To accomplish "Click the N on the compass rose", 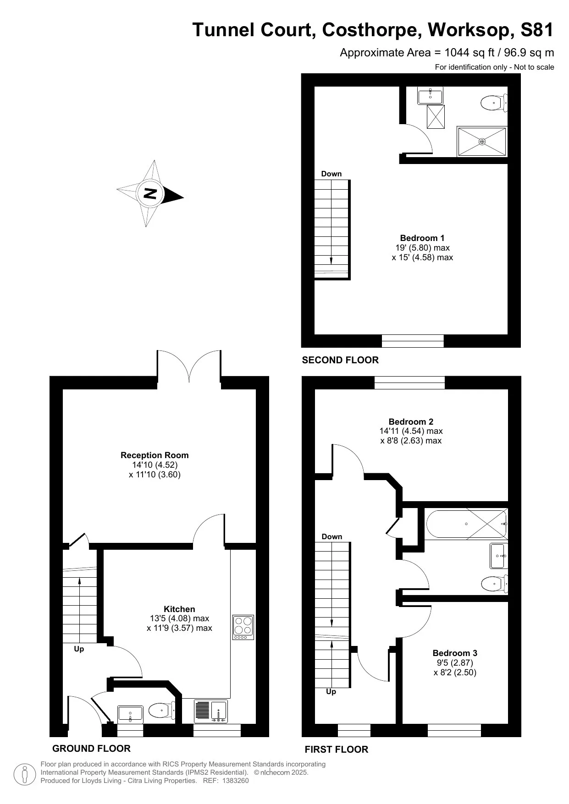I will [x=150, y=193].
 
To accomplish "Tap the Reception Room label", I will [x=155, y=455].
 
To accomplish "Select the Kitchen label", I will [x=179, y=609].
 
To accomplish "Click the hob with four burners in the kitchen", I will [x=243, y=627].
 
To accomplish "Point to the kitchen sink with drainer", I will [x=210, y=711].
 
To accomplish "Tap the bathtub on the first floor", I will [x=466, y=524].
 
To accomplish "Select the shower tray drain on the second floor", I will [x=482, y=142].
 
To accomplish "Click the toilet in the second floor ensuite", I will [x=493, y=103].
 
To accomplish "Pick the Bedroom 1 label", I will [x=422, y=238].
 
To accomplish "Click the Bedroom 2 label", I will [x=411, y=421].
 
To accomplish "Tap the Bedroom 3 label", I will [x=455, y=653].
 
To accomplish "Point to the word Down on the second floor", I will [x=331, y=174].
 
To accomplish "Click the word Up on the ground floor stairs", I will [x=79, y=649].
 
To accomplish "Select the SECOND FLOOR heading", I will [x=340, y=360].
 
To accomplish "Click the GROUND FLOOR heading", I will [x=91, y=748].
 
